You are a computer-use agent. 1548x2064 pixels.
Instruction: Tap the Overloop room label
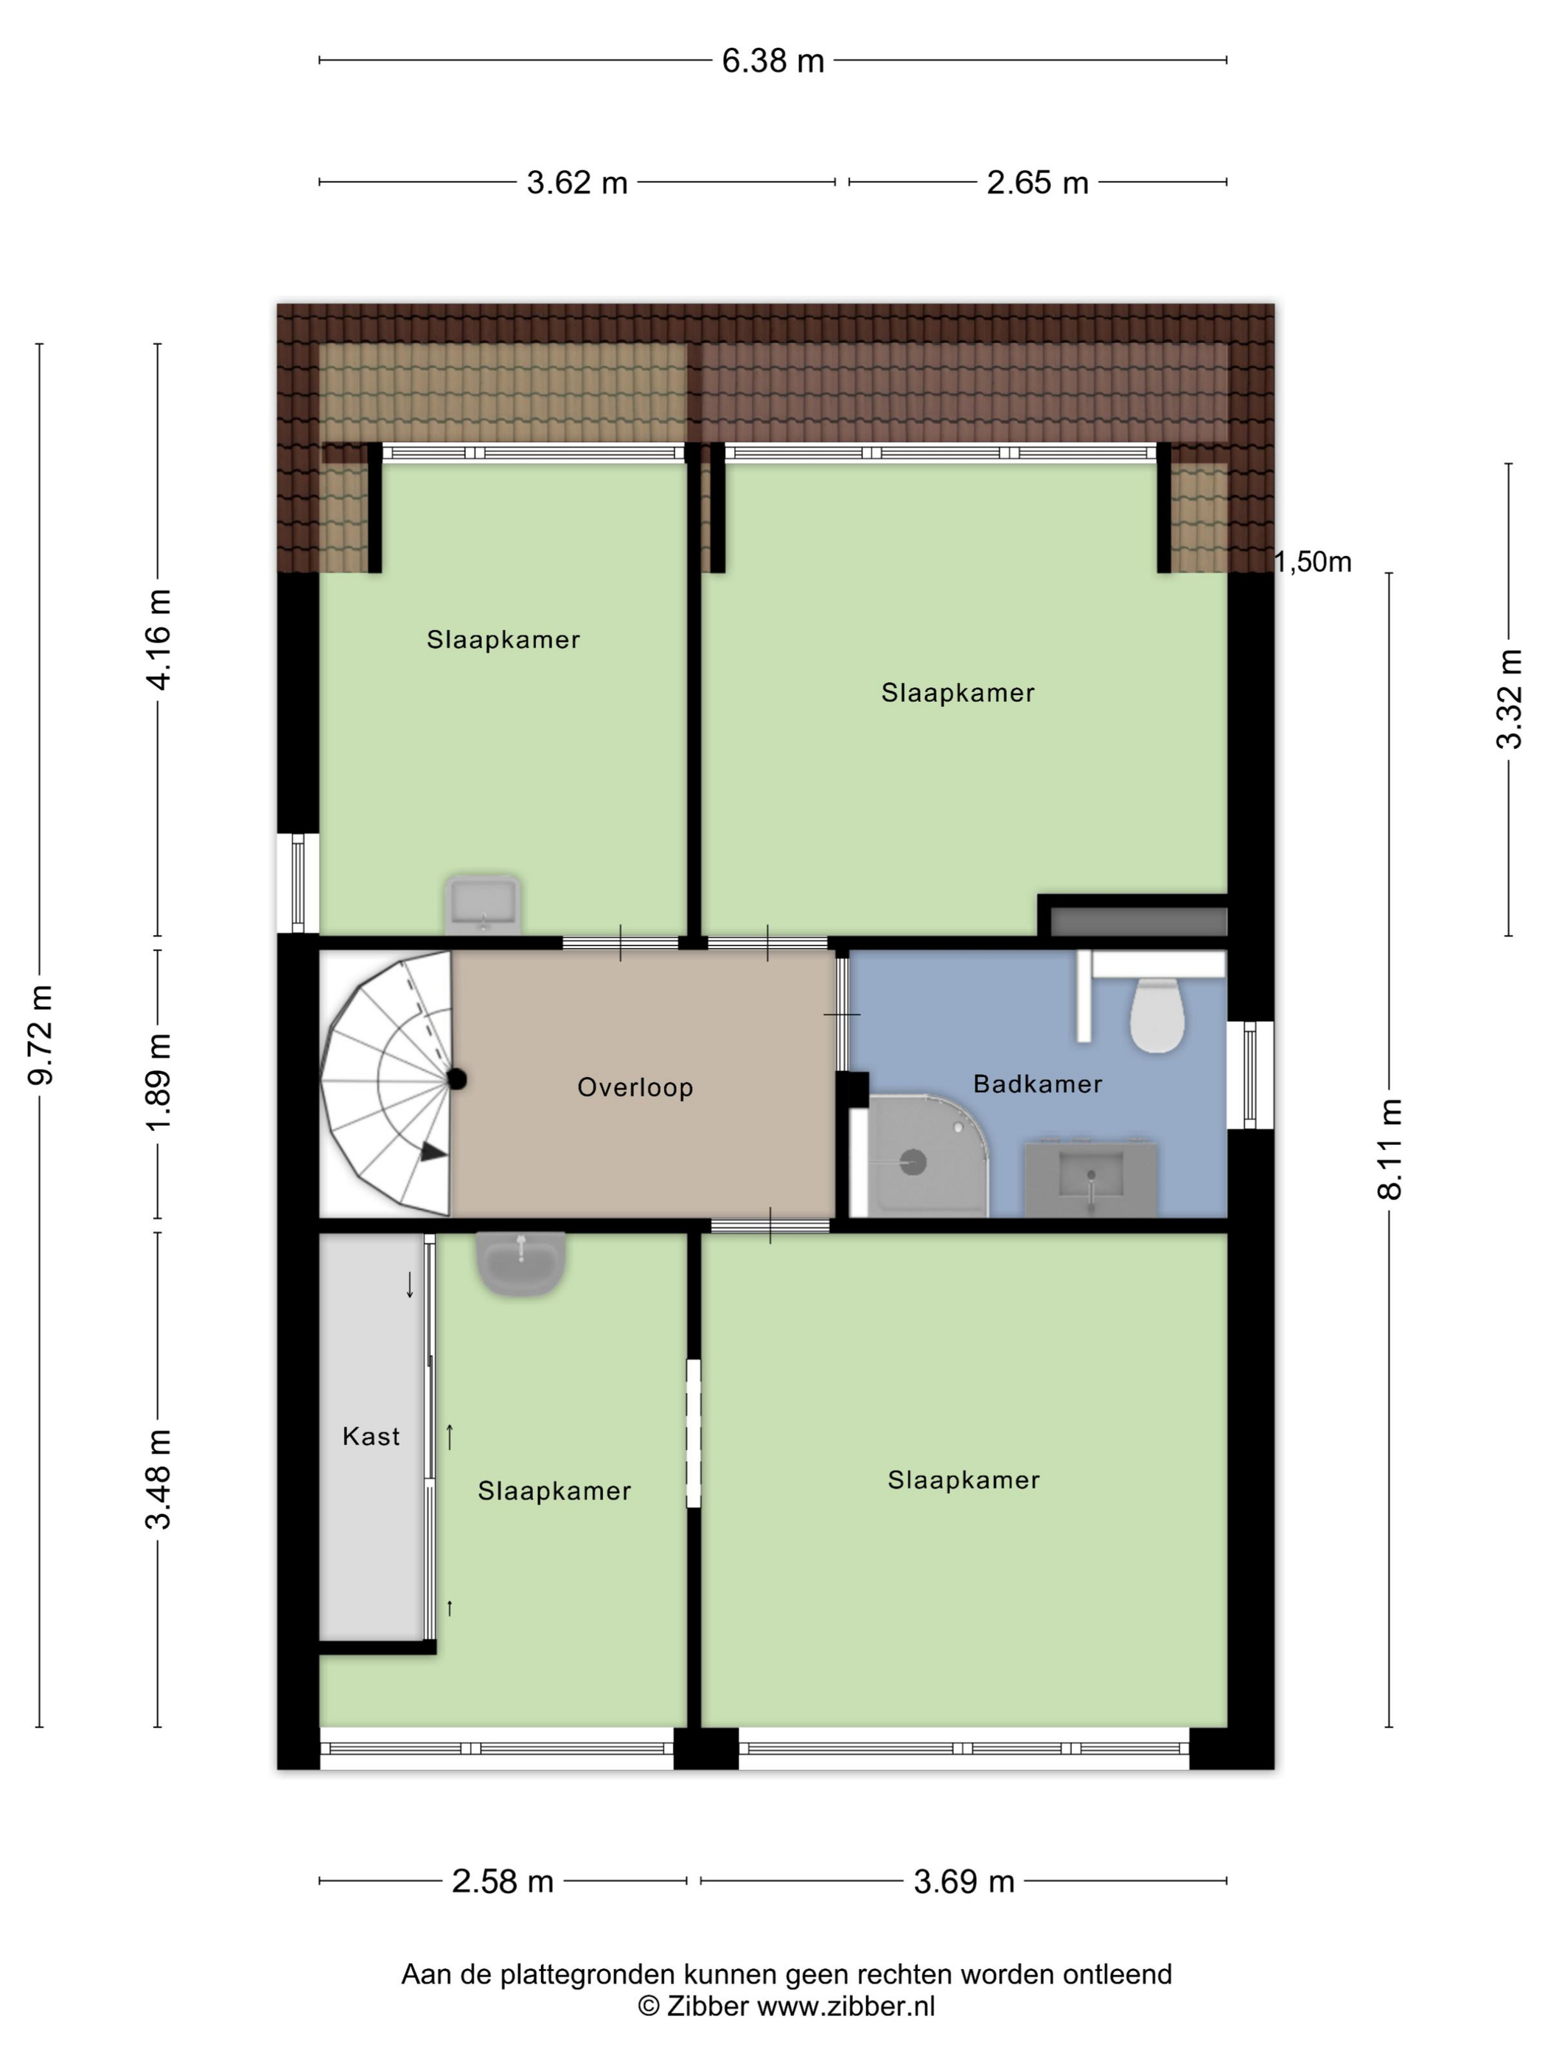click(635, 1087)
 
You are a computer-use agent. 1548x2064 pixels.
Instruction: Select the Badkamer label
click(1038, 1084)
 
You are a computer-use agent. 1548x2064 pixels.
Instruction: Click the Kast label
click(371, 1436)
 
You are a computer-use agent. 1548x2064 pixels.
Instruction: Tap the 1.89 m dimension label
click(158, 1082)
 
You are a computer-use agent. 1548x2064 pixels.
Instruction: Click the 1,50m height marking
click(1312, 562)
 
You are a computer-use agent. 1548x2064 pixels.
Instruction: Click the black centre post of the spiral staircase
click(456, 1080)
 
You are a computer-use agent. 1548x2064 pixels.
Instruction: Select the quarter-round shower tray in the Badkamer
click(927, 1157)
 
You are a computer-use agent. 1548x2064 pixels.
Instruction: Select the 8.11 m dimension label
click(1390, 1148)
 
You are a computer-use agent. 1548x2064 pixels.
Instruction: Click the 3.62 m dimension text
click(576, 183)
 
